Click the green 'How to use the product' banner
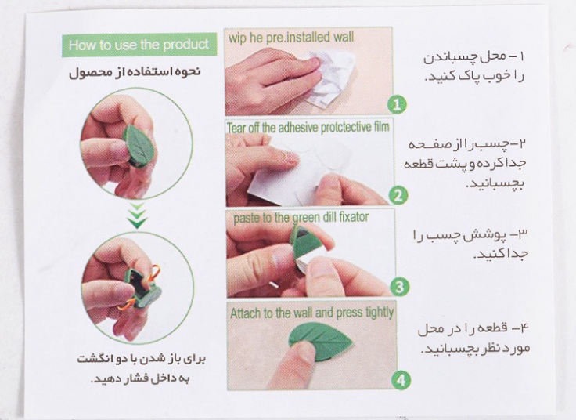(x=139, y=45)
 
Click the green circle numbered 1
(x=398, y=103)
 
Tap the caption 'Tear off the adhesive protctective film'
(x=309, y=126)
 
